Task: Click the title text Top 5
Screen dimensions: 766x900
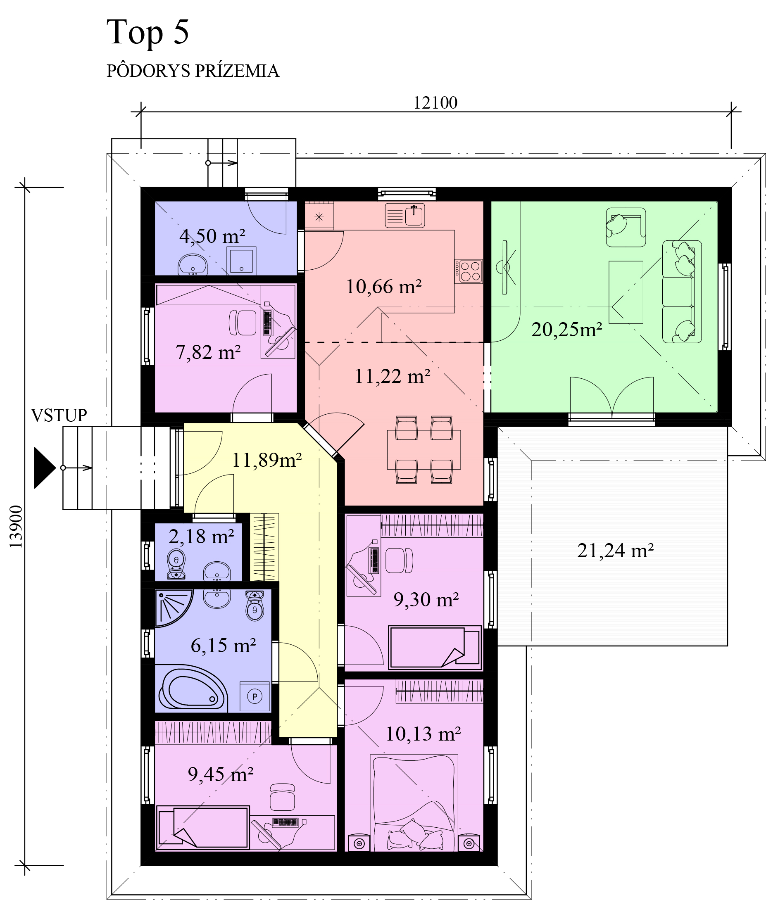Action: (x=147, y=32)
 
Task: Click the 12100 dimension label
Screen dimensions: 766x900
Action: (x=435, y=103)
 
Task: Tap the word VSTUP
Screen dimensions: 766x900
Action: (x=59, y=415)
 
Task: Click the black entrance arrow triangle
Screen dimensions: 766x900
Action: (x=45, y=468)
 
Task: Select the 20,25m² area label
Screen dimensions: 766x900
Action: (x=567, y=330)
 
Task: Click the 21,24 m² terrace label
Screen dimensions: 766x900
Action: (x=615, y=551)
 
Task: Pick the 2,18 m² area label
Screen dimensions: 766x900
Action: (x=202, y=537)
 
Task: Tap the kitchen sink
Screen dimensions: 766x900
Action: (x=405, y=215)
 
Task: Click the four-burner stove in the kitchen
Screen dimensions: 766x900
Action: (x=469, y=271)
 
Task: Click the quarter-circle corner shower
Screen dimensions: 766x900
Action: (x=173, y=608)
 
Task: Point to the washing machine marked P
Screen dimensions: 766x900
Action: (x=255, y=696)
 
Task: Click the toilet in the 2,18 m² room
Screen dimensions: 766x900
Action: (x=176, y=564)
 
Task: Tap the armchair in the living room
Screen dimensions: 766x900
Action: (x=626, y=228)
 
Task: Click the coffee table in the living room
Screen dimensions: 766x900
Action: (x=626, y=292)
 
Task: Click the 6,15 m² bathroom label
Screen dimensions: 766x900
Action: (x=223, y=646)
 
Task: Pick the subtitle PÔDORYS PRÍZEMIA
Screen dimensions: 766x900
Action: (x=193, y=71)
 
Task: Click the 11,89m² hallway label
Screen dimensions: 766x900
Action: (x=266, y=460)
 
